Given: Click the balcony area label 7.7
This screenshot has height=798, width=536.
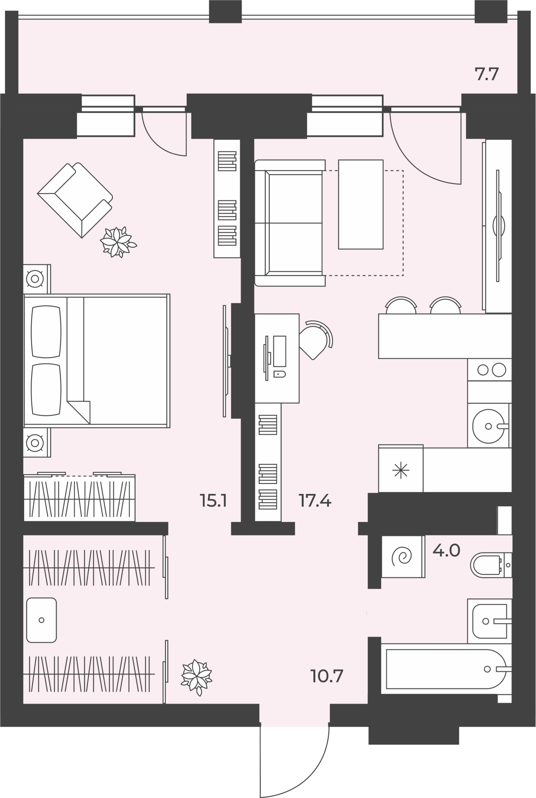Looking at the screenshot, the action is [x=487, y=74].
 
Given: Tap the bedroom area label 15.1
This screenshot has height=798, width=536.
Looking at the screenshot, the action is [x=213, y=501].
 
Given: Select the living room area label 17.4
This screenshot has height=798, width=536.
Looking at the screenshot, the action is [x=315, y=501].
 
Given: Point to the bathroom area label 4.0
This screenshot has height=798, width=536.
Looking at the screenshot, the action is [x=447, y=551].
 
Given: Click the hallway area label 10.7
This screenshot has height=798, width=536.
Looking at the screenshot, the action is [x=327, y=676].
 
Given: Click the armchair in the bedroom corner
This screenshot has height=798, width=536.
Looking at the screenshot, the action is [x=75, y=200].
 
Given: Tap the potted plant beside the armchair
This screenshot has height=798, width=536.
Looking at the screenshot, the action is [x=118, y=242].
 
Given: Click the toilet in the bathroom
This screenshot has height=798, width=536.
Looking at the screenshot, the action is [x=491, y=565].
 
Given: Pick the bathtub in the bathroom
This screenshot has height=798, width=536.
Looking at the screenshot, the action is [x=446, y=669].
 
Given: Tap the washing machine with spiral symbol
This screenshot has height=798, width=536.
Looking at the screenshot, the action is [x=403, y=556].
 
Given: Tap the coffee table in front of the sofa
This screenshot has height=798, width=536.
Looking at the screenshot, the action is [x=361, y=204].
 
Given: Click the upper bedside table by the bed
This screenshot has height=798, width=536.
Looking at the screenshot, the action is [x=37, y=279].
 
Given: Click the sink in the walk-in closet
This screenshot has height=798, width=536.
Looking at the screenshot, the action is [x=41, y=620].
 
